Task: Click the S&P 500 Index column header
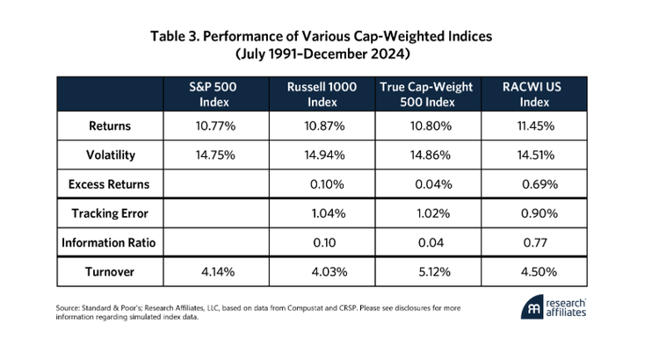214,95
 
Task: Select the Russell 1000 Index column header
322,95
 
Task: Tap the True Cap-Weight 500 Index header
426,95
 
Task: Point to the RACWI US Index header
532,95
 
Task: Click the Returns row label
110,126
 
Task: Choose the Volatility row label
111,155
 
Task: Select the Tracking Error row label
110,213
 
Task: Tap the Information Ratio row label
108,243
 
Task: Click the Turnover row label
110,272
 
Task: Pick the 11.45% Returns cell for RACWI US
535,126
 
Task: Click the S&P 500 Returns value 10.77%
215,126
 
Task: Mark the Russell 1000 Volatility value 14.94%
324,155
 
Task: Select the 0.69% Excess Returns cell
540,184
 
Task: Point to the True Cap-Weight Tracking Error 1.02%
433,213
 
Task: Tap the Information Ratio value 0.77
535,243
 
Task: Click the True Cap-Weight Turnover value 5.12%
434,272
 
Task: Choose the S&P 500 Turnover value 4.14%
218,272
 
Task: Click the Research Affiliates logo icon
532,307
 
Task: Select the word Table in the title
168,36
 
